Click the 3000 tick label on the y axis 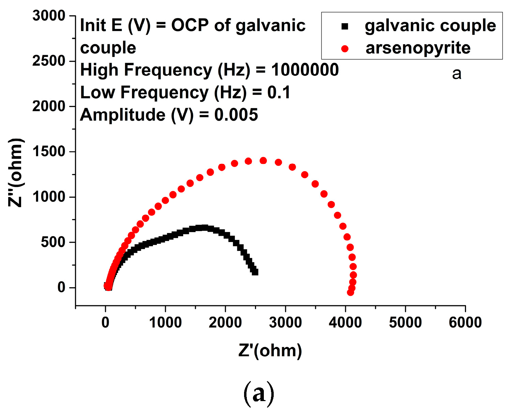[48, 16]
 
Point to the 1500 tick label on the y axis [48, 152]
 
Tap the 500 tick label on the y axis [53, 242]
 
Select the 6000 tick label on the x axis [465, 322]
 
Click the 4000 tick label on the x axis [345, 322]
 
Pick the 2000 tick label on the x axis [225, 322]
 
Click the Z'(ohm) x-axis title [270, 350]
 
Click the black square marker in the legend [345, 26]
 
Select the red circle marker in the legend [345, 49]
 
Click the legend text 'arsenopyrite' [418, 48]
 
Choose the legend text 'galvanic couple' [430, 26]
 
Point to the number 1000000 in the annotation [305, 70]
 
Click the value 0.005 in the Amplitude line [236, 115]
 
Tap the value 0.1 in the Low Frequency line [279, 92]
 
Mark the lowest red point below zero [350, 292]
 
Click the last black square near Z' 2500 [255, 272]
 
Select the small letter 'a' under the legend [457, 74]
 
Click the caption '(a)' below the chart [259, 394]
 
